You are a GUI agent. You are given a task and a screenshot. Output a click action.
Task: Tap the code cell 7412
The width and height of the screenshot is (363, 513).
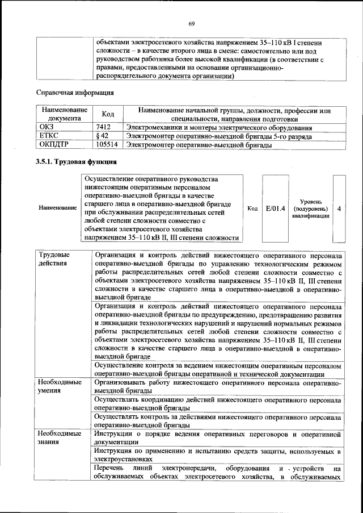(x=103, y=128)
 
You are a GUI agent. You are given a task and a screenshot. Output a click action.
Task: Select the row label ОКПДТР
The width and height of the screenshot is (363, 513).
(x=52, y=145)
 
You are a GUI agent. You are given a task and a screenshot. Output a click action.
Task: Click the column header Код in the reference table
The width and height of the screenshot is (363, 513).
(x=108, y=115)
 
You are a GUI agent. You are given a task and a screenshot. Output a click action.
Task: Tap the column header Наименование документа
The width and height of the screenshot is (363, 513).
(x=64, y=115)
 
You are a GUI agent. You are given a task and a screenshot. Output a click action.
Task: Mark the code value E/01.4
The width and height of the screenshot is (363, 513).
(x=275, y=208)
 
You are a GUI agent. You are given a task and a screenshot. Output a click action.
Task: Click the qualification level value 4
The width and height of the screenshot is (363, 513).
(x=339, y=208)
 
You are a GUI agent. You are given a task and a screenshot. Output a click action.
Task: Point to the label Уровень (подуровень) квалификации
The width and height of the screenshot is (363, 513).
(x=311, y=208)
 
